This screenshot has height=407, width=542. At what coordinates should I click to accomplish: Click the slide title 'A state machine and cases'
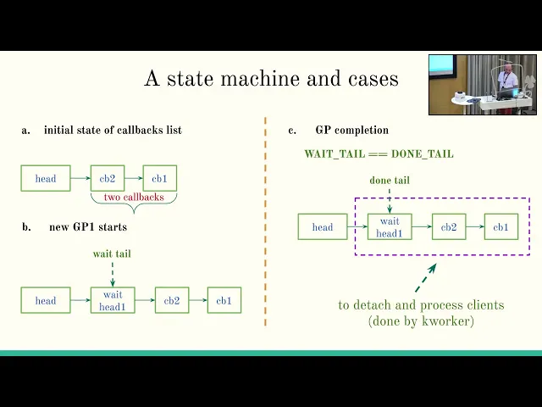pos(271,79)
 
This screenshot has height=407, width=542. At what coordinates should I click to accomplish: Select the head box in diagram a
pos(46,178)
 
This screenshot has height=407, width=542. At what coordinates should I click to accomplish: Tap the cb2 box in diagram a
pos(108,178)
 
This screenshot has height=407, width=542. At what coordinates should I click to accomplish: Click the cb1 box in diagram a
pos(159,178)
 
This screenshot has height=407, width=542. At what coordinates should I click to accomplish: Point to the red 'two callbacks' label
pos(133,197)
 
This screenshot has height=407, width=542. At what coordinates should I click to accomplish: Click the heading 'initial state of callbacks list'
pos(113,130)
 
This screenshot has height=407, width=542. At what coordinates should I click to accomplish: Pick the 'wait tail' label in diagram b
pos(112,254)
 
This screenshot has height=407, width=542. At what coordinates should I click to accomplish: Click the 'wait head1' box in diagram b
pos(112,300)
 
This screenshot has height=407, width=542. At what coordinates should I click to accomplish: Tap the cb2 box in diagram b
pos(172,300)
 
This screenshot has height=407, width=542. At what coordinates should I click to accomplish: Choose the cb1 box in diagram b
pos(224,300)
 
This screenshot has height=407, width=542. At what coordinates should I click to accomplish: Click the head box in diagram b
pos(46,300)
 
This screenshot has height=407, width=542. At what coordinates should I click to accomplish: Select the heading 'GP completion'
pos(351,130)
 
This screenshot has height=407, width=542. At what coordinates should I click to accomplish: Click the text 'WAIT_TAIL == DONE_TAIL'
pos(379,153)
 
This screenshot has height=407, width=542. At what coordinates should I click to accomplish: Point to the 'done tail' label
pos(390,180)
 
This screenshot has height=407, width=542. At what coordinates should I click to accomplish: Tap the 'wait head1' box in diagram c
pos(390,227)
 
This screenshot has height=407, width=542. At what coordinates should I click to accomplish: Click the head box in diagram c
pos(323,227)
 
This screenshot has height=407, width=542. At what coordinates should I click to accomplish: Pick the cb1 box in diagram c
pos(501,227)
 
